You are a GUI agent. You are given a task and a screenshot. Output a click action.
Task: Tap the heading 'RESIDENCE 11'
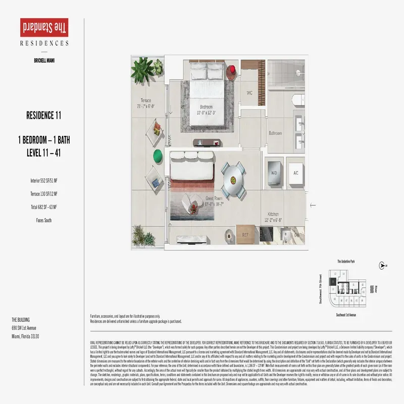[x=43, y=115]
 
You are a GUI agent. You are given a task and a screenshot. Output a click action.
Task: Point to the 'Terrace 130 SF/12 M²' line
[x=43, y=193]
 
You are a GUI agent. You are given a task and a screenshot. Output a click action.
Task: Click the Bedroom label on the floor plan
[x=206, y=107]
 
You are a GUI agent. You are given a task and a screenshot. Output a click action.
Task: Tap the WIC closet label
[x=249, y=92]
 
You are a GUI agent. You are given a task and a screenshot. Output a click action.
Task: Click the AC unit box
[x=296, y=171]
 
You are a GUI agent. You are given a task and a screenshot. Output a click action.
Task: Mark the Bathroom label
[x=275, y=133]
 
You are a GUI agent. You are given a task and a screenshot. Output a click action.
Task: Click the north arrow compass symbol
[x=381, y=265]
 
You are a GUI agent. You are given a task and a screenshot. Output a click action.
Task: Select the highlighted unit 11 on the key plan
[x=333, y=281]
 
